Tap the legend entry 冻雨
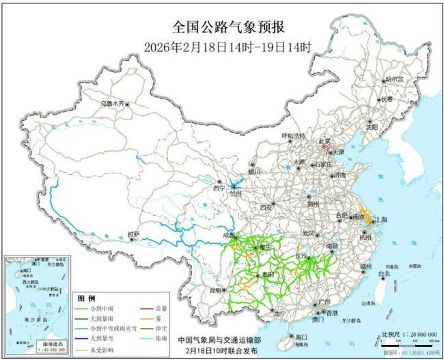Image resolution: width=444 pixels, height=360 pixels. [x=158, y=338]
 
